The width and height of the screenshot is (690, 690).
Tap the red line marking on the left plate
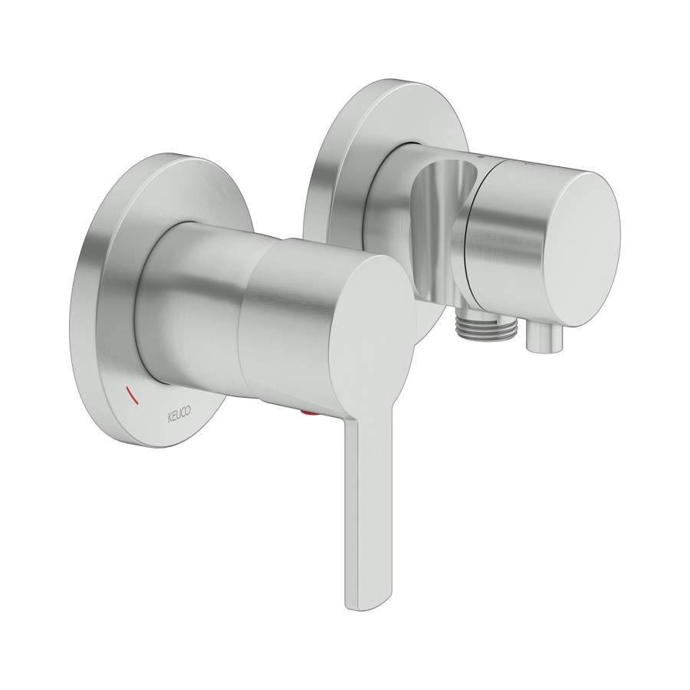(133, 394)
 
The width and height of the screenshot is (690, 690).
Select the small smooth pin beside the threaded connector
(545, 339)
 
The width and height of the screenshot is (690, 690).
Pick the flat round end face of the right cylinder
(580, 249)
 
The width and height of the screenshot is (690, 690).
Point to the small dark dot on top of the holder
(481, 156)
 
